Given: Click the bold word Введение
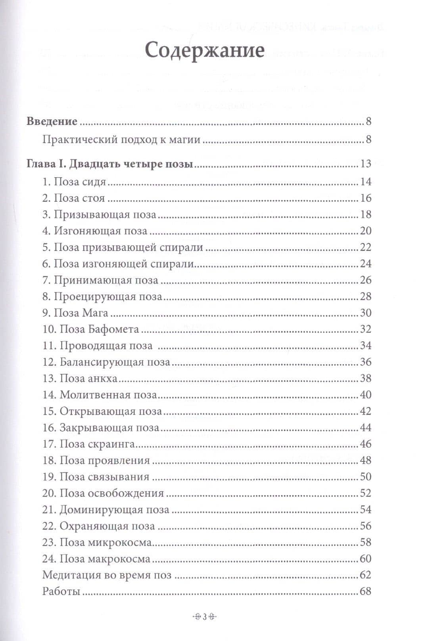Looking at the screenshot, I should [52, 121].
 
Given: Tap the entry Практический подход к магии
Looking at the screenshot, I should [121, 140].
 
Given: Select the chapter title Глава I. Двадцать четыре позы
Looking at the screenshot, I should [109, 164].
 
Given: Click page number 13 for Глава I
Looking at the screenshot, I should [365, 164].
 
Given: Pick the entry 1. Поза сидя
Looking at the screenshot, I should [74, 182].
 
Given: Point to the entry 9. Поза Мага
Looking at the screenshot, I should [75, 313].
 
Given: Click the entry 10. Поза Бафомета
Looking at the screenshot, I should [91, 329].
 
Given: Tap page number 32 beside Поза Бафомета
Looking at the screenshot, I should [365, 329].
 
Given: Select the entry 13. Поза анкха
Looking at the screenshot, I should [80, 378].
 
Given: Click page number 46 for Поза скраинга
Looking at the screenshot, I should [365, 444].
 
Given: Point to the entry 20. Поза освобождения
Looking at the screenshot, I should [103, 493].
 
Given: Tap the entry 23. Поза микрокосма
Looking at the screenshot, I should [97, 542].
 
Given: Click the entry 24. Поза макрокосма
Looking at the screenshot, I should [96, 559].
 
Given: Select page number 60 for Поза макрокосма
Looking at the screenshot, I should [365, 559].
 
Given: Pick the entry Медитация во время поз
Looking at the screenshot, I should [107, 575].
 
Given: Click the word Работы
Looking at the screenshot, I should [61, 592].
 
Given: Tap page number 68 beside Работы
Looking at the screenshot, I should [365, 592].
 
